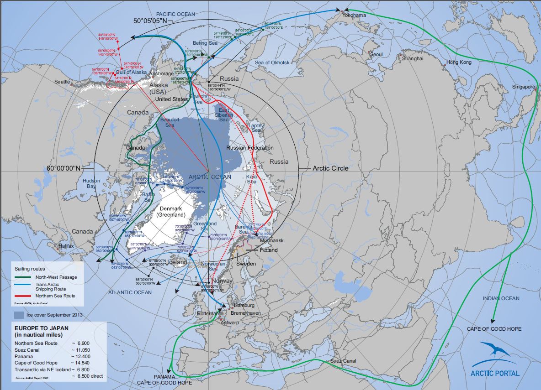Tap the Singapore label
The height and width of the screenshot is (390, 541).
523,87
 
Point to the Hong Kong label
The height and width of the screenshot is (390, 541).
459,62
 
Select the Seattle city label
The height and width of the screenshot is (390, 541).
62,82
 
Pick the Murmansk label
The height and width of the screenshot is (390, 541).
271,240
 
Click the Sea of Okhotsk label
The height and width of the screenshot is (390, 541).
272,62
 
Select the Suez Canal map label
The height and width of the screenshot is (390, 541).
343,361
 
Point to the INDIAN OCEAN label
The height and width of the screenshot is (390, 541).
501,298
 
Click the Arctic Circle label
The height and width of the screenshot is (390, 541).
330,168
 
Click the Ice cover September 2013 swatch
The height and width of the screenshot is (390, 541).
19,315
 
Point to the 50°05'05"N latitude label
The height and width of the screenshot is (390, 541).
153,21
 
